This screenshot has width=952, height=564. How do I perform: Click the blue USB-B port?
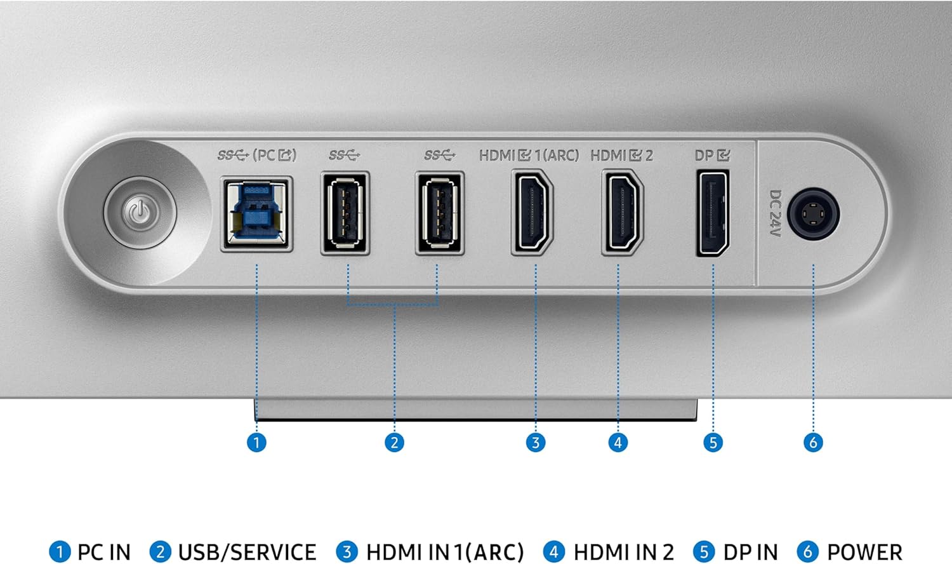[256, 214]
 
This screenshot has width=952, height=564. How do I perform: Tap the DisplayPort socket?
[713, 213]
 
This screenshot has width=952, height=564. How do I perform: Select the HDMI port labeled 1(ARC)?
[532, 212]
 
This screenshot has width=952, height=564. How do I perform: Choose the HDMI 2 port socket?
[623, 212]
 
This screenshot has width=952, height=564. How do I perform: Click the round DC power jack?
[813, 214]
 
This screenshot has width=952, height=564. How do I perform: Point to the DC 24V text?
[775, 213]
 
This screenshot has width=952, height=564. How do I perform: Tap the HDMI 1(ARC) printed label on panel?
[529, 156]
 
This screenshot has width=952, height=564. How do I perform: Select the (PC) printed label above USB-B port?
[275, 155]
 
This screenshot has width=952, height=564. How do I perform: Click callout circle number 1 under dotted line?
[256, 443]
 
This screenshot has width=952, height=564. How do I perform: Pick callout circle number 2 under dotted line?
[394, 443]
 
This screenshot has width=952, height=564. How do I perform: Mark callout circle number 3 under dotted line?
[536, 443]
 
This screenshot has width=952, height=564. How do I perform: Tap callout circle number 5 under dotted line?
[713, 443]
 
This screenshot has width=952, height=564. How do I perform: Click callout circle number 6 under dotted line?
[813, 443]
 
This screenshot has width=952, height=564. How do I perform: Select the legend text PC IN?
[104, 553]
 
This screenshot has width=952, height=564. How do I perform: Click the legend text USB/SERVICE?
[247, 553]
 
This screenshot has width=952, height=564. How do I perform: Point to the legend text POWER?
[864, 553]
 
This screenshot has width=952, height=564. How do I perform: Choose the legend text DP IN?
[751, 553]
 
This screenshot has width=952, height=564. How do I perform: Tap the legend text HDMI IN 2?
[624, 553]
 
